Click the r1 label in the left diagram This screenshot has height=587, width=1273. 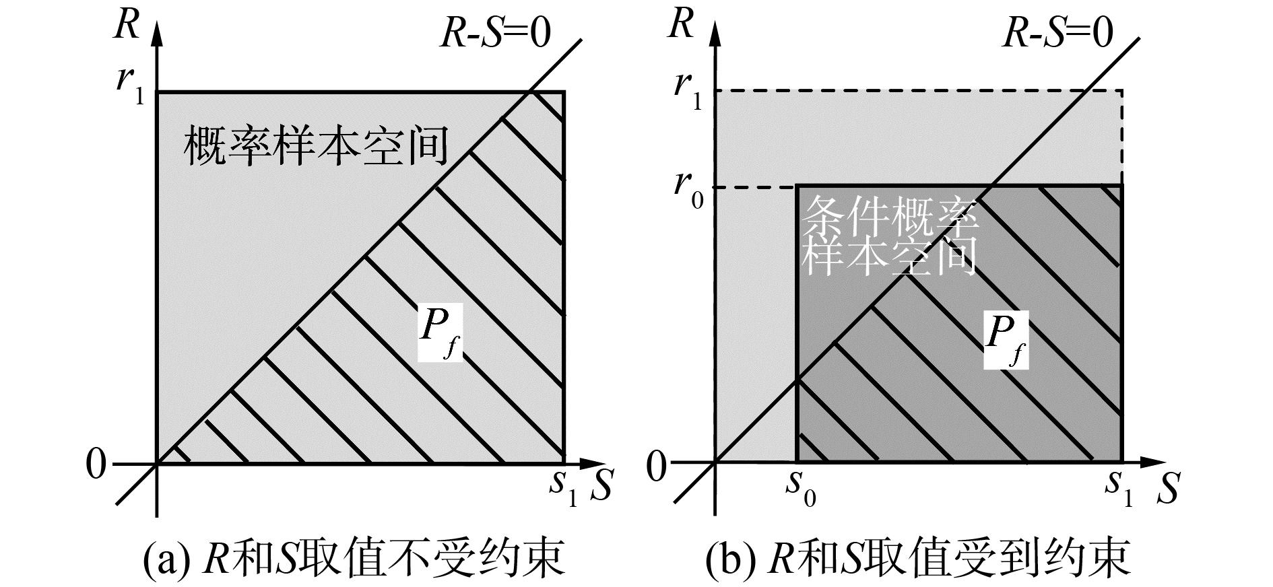(x=130, y=86)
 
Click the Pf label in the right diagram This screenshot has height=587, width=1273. (x=1006, y=339)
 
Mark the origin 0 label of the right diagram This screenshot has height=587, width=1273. (x=656, y=467)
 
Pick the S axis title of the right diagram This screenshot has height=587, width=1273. (x=1168, y=490)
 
